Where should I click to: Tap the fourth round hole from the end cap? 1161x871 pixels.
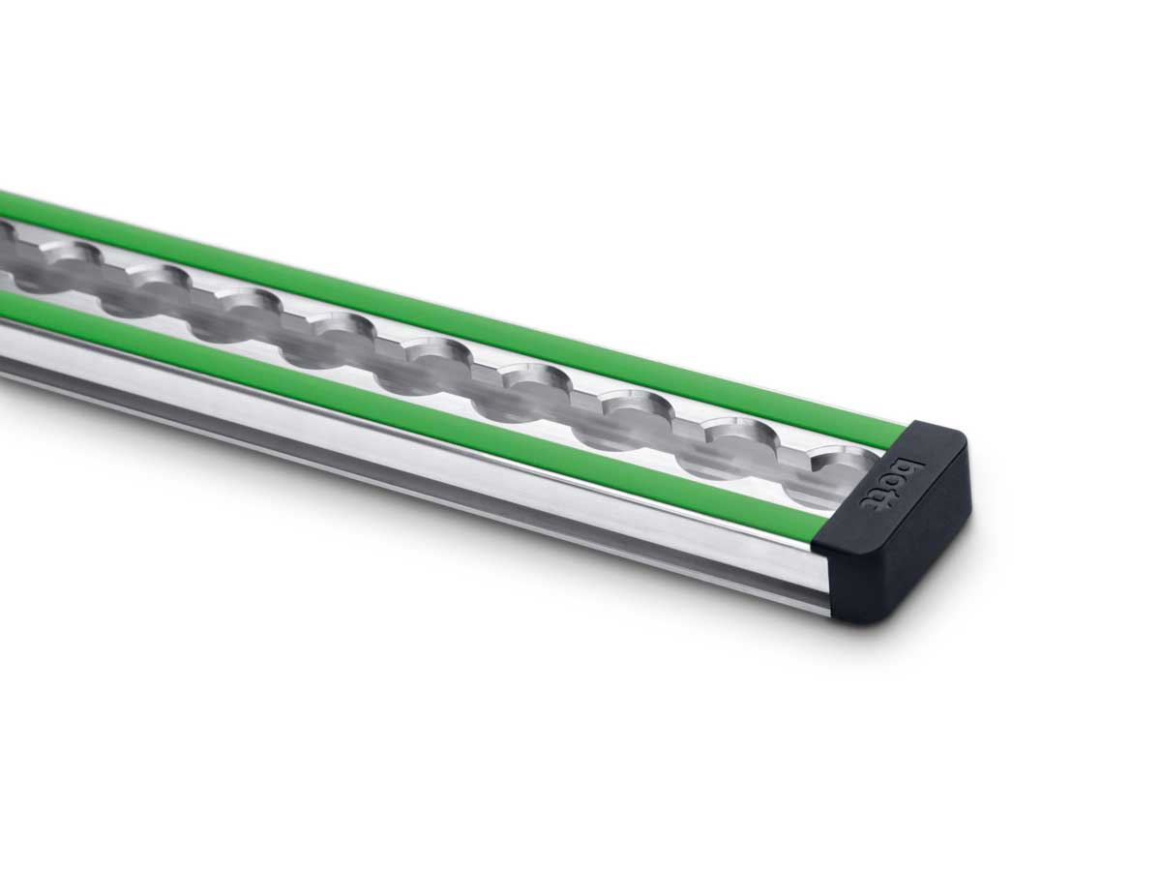526,383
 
